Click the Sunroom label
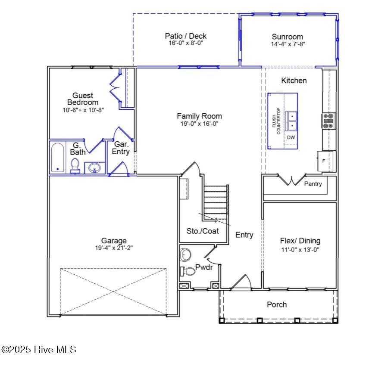[x=287, y=37]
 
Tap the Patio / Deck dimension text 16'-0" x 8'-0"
[x=186, y=43]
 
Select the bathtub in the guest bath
[x=58, y=158]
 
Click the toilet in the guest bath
[x=75, y=166]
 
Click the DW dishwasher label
[x=291, y=137]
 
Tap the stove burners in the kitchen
[x=328, y=121]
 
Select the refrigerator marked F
[x=325, y=161]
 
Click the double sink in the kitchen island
[x=291, y=121]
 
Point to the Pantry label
[x=313, y=184]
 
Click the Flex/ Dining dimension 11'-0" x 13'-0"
[x=300, y=249]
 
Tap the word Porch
[x=277, y=304]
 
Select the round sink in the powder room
[x=185, y=254]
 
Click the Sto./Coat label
[x=203, y=231]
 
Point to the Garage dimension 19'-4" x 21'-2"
[x=114, y=248]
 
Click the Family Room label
[x=199, y=116]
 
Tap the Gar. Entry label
[x=121, y=148]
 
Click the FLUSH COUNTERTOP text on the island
[x=276, y=121]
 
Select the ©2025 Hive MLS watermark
[x=39, y=349]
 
